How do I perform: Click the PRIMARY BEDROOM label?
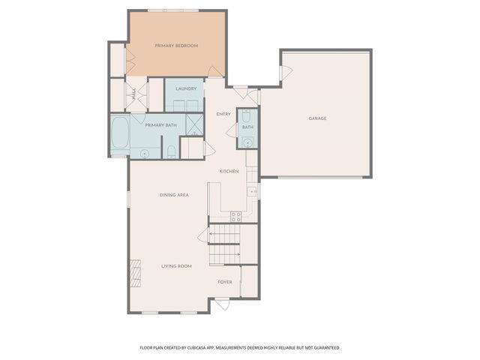176,46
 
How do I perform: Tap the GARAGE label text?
317,118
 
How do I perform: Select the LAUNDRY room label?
186,89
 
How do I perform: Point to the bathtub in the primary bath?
120,136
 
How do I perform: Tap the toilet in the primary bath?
172,152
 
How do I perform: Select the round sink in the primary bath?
144,153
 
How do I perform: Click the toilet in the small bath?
247,117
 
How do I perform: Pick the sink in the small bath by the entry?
247,142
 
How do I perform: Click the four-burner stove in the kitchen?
235,217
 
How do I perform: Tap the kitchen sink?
253,192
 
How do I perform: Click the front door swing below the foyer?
222,304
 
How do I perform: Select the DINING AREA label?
174,195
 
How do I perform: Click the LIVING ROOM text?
177,266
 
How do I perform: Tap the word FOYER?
225,282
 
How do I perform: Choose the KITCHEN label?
229,172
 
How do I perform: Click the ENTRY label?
223,114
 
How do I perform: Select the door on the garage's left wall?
284,73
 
